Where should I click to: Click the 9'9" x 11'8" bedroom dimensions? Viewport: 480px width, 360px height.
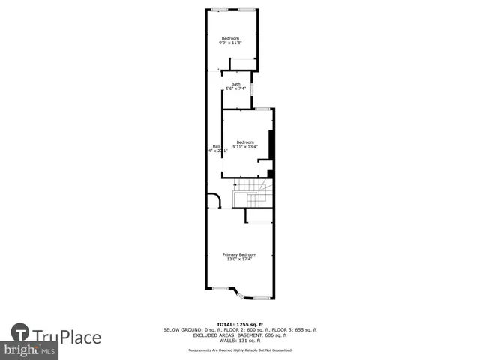230,43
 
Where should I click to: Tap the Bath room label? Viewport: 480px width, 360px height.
235,83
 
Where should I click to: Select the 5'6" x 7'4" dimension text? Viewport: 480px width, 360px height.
235,88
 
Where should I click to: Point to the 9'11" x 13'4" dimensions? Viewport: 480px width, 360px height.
244,147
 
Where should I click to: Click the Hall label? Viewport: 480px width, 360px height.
216,145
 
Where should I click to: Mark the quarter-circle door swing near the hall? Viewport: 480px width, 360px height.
214,200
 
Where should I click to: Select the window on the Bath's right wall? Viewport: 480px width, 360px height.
252,89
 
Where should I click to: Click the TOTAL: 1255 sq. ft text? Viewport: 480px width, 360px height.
240,324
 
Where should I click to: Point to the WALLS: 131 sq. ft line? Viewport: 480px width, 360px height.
240,340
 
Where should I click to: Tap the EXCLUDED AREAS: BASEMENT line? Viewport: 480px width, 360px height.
240,335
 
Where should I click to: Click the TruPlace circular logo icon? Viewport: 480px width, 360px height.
20,333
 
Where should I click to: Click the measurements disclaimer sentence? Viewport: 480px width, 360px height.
240,350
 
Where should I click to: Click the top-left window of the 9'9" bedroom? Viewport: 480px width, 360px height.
220,9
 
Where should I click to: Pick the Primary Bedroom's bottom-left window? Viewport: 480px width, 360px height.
221,288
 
